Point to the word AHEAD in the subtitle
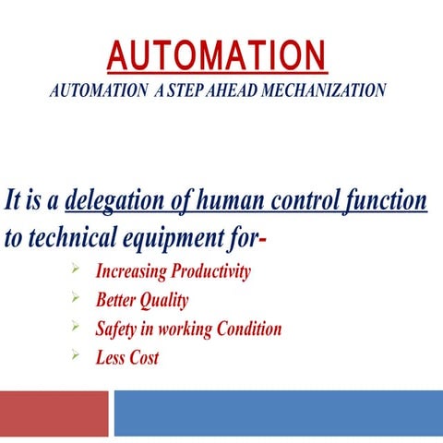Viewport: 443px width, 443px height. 220,91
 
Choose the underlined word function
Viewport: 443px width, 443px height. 389,201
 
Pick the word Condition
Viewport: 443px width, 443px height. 245,329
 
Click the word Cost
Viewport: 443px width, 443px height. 144,357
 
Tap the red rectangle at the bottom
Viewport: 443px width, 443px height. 54,413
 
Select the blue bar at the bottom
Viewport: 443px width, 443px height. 278,413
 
